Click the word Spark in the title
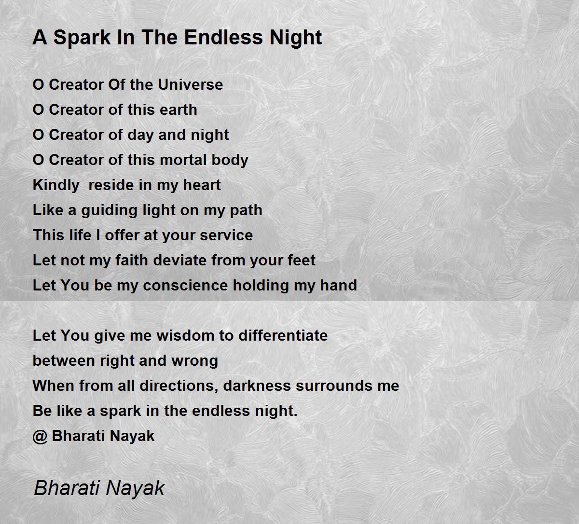82,38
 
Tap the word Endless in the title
223,38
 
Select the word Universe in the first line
191,84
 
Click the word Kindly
56,186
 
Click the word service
226,235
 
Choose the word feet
302,260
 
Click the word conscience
185,286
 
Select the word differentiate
283,335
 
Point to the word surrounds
334,386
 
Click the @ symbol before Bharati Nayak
40,437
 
